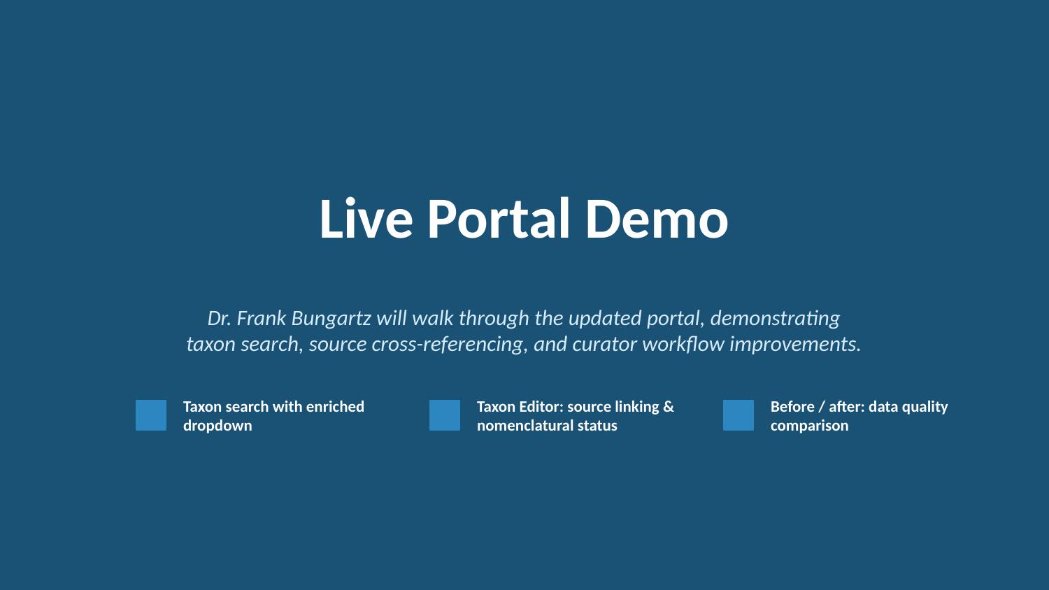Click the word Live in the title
tap(366, 220)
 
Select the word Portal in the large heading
tap(499, 220)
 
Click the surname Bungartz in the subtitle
tap(331, 318)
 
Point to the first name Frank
tap(262, 318)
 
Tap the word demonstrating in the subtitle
tap(775, 318)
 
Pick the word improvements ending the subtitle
tap(794, 344)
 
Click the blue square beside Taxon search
tap(151, 415)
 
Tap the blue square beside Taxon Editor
tap(445, 415)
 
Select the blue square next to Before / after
tap(738, 415)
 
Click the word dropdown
tap(217, 426)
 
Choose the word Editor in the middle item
tap(539, 407)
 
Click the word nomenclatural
tap(515, 426)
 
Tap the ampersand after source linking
tap(669, 407)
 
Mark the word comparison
tap(809, 426)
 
